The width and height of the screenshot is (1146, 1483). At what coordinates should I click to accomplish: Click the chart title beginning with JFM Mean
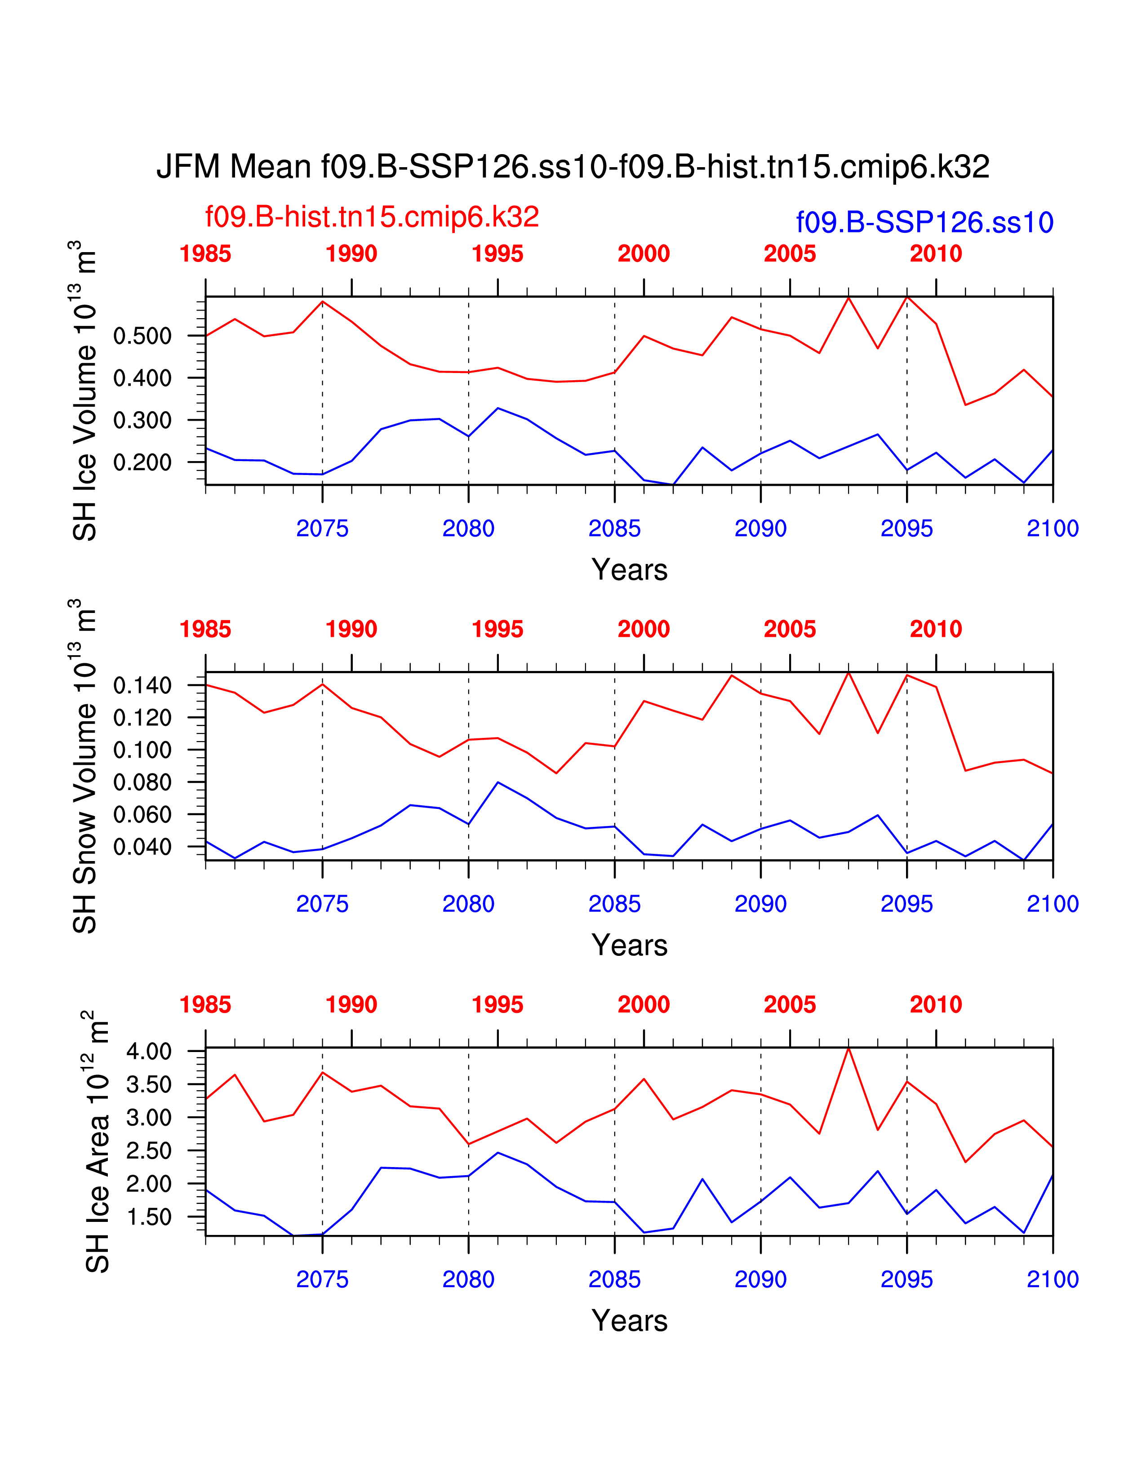coord(572,166)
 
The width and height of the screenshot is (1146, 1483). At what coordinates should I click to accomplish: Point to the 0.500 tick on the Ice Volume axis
coord(142,336)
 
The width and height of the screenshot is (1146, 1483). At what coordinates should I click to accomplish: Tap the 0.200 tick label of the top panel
coord(142,462)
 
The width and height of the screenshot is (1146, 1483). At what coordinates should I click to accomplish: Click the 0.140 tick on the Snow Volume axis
coord(142,686)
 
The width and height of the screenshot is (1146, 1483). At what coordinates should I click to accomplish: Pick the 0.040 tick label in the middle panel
coord(142,847)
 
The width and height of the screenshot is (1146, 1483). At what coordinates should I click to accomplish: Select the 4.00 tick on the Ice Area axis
coord(149,1052)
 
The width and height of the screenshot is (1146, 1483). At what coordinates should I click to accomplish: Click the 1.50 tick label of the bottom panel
coord(149,1217)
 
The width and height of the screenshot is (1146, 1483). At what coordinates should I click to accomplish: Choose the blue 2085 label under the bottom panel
coord(614,1279)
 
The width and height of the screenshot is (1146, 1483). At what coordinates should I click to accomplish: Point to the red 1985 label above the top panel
coord(205,254)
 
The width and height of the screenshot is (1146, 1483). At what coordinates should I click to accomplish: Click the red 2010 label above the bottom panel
coord(936,1004)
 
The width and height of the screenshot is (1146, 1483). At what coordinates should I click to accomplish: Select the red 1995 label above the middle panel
coord(497,630)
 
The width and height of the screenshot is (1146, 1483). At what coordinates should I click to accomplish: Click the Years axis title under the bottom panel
coord(629,1321)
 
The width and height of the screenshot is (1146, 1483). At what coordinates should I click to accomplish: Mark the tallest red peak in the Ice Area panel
coord(848,1049)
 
